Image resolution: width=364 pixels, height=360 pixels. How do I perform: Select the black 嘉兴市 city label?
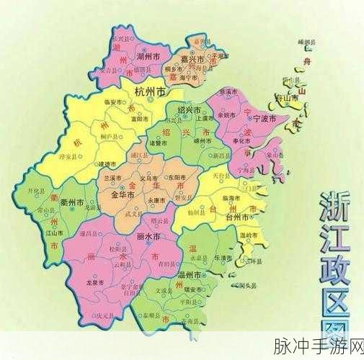(192, 60)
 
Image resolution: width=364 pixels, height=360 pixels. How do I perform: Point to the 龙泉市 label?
(94, 284)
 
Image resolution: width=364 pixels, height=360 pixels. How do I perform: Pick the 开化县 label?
(36, 192)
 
